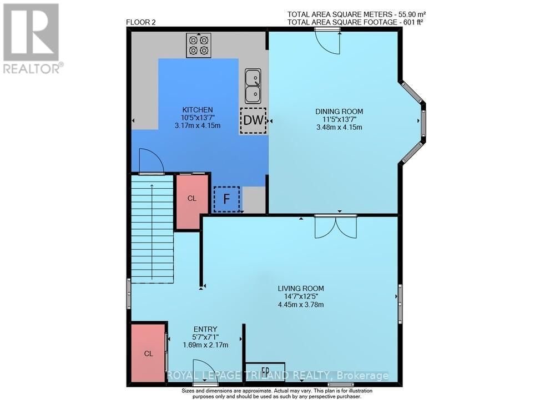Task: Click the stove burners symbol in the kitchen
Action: click(199, 45)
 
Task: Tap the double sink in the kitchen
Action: click(253, 85)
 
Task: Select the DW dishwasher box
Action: click(253, 120)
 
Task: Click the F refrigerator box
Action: click(226, 199)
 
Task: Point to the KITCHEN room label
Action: click(198, 110)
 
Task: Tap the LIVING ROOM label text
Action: click(301, 289)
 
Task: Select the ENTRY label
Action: click(205, 329)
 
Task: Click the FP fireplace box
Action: click(265, 370)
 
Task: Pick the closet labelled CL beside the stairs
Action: click(191, 199)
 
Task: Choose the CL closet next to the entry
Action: click(148, 353)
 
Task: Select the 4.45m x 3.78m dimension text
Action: click(301, 305)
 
